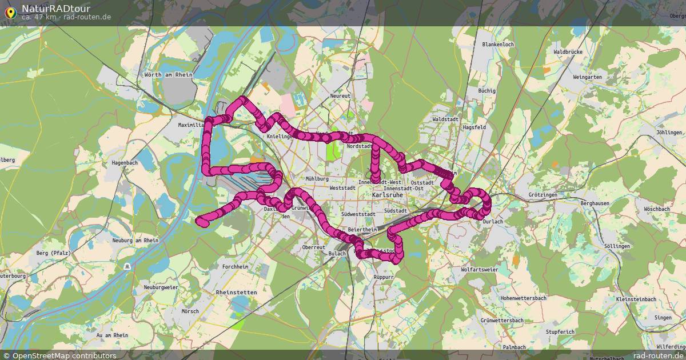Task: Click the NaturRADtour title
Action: pos(56,9)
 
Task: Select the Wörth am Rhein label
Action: pos(169,75)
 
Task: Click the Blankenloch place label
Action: pos(498,44)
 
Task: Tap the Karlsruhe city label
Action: pos(388,195)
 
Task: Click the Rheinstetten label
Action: pos(237,292)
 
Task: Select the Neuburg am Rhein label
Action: pos(135,241)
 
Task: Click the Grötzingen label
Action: pos(543,195)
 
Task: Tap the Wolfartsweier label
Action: pos(480,269)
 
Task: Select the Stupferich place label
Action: pos(560,331)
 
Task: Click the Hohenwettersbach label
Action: pos(523,298)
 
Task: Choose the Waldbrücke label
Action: pos(568,52)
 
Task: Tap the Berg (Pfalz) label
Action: pos(53,253)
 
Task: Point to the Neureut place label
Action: pos(340,96)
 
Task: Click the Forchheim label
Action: pos(236,267)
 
